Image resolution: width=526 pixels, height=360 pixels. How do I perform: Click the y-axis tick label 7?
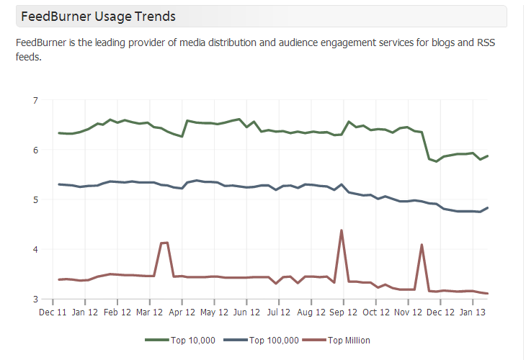(35, 100)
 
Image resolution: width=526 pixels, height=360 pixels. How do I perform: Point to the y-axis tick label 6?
(35, 150)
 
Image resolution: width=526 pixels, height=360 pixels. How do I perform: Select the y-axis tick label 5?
(35, 199)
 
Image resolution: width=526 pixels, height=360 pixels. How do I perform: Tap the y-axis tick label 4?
(35, 249)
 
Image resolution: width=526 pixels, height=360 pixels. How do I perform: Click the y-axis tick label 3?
(35, 299)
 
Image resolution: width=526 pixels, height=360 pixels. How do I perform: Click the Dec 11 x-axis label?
(53, 313)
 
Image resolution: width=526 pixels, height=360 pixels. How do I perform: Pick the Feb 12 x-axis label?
(117, 313)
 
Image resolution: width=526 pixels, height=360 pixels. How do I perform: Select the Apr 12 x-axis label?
(182, 313)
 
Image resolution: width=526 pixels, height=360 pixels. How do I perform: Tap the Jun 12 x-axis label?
(247, 313)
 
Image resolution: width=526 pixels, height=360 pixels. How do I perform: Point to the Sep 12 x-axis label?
(344, 313)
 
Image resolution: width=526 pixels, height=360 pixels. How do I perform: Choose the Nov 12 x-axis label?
(409, 313)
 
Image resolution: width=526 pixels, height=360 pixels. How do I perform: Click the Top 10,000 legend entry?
(180, 340)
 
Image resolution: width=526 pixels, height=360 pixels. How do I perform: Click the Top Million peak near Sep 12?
(341, 230)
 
